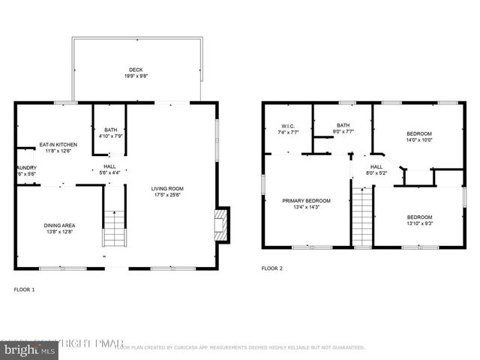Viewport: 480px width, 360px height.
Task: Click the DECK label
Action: tap(136, 70)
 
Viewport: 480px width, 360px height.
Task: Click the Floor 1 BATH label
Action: tap(109, 129)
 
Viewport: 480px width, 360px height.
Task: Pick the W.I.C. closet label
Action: tap(288, 125)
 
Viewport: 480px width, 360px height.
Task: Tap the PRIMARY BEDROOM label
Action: tap(306, 200)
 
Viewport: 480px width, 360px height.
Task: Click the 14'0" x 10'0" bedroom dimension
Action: tap(419, 139)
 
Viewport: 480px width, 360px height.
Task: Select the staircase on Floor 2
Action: tap(362, 217)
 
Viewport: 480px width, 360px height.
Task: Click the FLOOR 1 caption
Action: tap(25, 289)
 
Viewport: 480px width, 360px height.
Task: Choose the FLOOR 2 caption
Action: tap(271, 268)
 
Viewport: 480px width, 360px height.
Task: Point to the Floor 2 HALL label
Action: tap(376, 166)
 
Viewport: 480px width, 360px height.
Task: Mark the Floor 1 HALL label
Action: tap(109, 166)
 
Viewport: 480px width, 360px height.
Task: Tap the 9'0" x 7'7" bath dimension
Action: tap(343, 132)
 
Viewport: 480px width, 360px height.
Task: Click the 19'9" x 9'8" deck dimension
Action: tap(136, 76)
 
